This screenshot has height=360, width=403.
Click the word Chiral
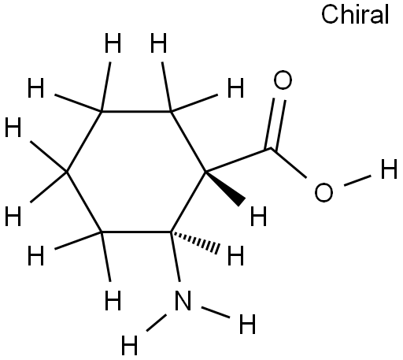[355, 15]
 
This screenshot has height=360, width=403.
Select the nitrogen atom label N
[183, 301]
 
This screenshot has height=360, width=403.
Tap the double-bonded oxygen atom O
[283, 80]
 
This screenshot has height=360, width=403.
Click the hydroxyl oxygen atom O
[324, 192]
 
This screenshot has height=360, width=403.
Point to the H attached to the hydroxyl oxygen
[389, 169]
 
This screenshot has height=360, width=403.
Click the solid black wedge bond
[225, 187]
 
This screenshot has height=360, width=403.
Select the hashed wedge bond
[194, 241]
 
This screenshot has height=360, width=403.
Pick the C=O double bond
[276, 124]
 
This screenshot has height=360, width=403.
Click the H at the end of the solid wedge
[258, 216]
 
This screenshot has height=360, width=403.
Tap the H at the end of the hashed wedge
[235, 255]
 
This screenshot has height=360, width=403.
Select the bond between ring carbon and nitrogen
[175, 257]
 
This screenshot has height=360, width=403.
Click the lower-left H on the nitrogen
[129, 345]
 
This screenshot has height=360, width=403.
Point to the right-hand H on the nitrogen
[247, 324]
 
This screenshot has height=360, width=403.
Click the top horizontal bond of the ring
[136, 111]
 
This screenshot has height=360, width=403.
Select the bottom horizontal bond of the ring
[136, 232]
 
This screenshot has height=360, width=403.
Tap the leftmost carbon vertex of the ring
[67, 172]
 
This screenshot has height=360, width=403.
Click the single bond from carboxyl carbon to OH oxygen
[288, 163]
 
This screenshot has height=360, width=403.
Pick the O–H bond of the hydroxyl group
[357, 180]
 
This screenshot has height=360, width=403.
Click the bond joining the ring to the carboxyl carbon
[238, 161]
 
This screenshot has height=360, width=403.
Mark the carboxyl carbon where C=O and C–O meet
[271, 149]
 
